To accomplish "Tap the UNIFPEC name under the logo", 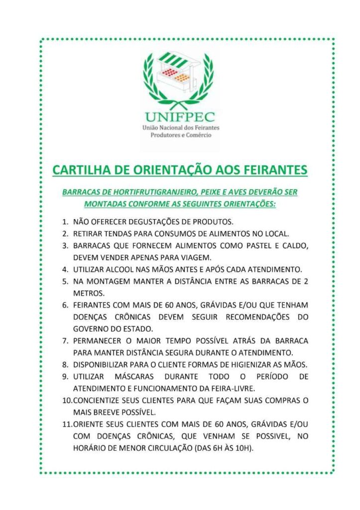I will tap(180, 118).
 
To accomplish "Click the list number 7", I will tap(65, 341).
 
